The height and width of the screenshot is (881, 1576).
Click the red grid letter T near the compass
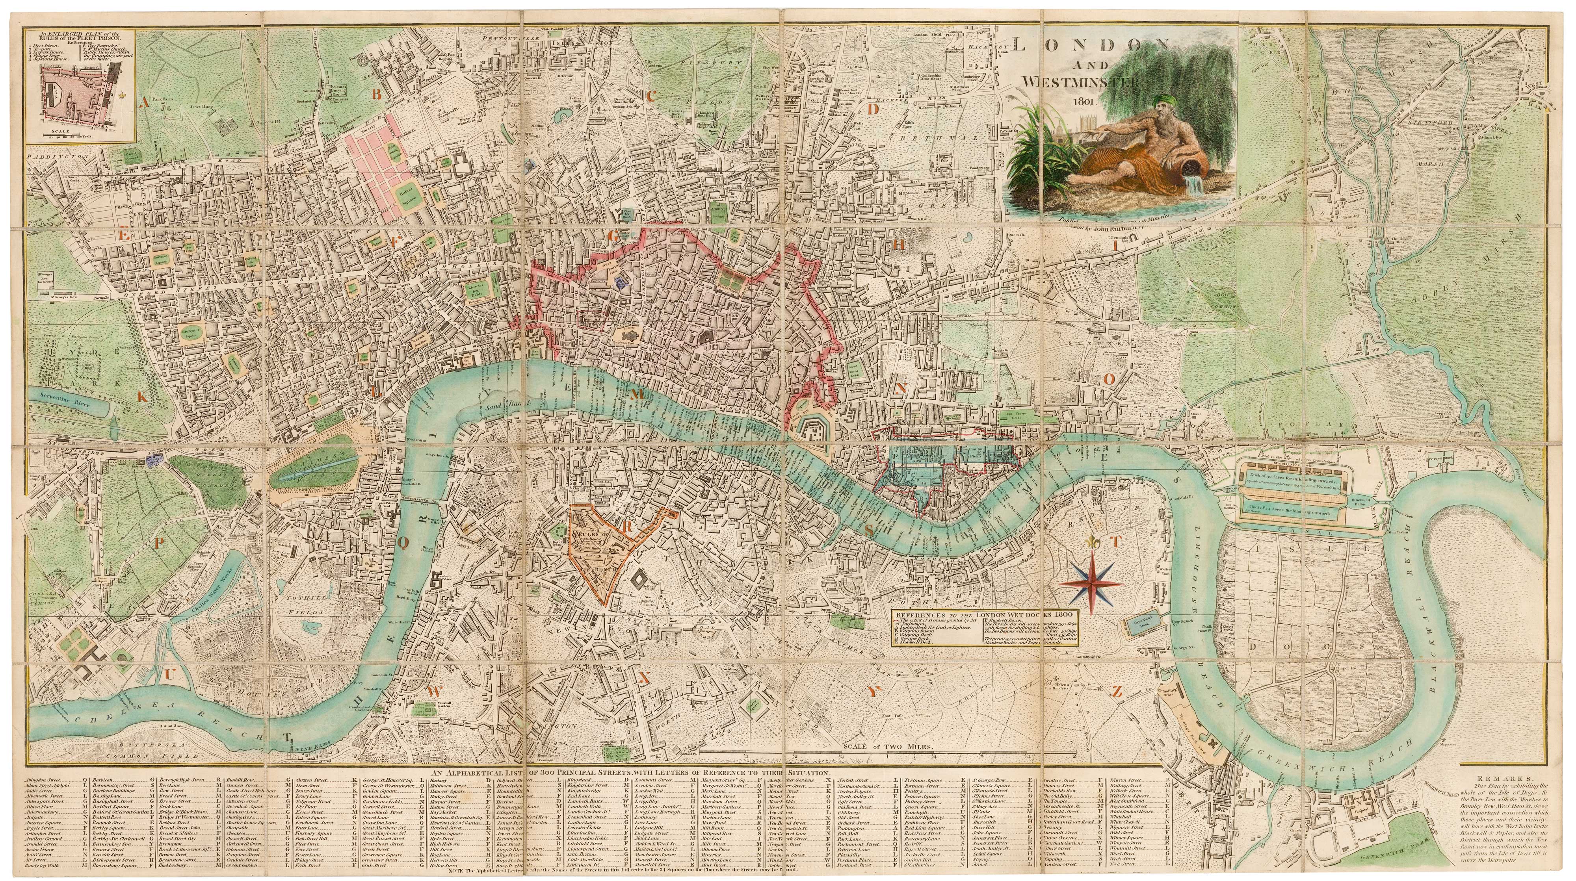pos(1114,542)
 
